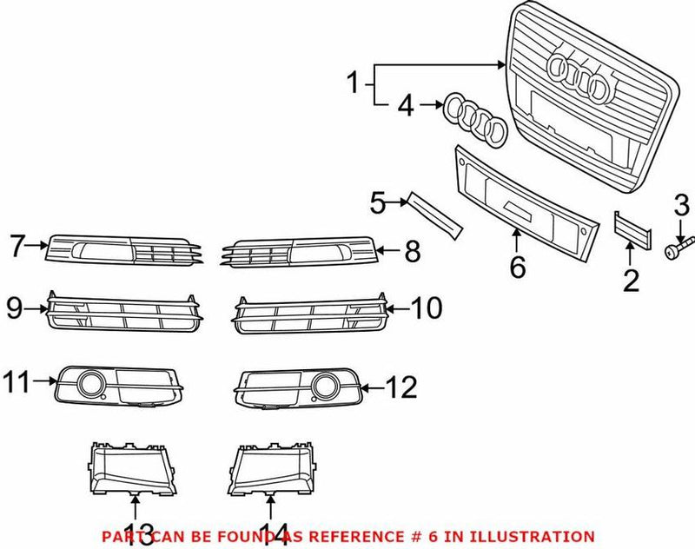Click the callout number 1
coord(353,84)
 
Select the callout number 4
coord(406,107)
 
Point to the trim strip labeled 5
coord(436,215)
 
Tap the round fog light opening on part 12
coord(327,385)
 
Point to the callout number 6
coord(518,267)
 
